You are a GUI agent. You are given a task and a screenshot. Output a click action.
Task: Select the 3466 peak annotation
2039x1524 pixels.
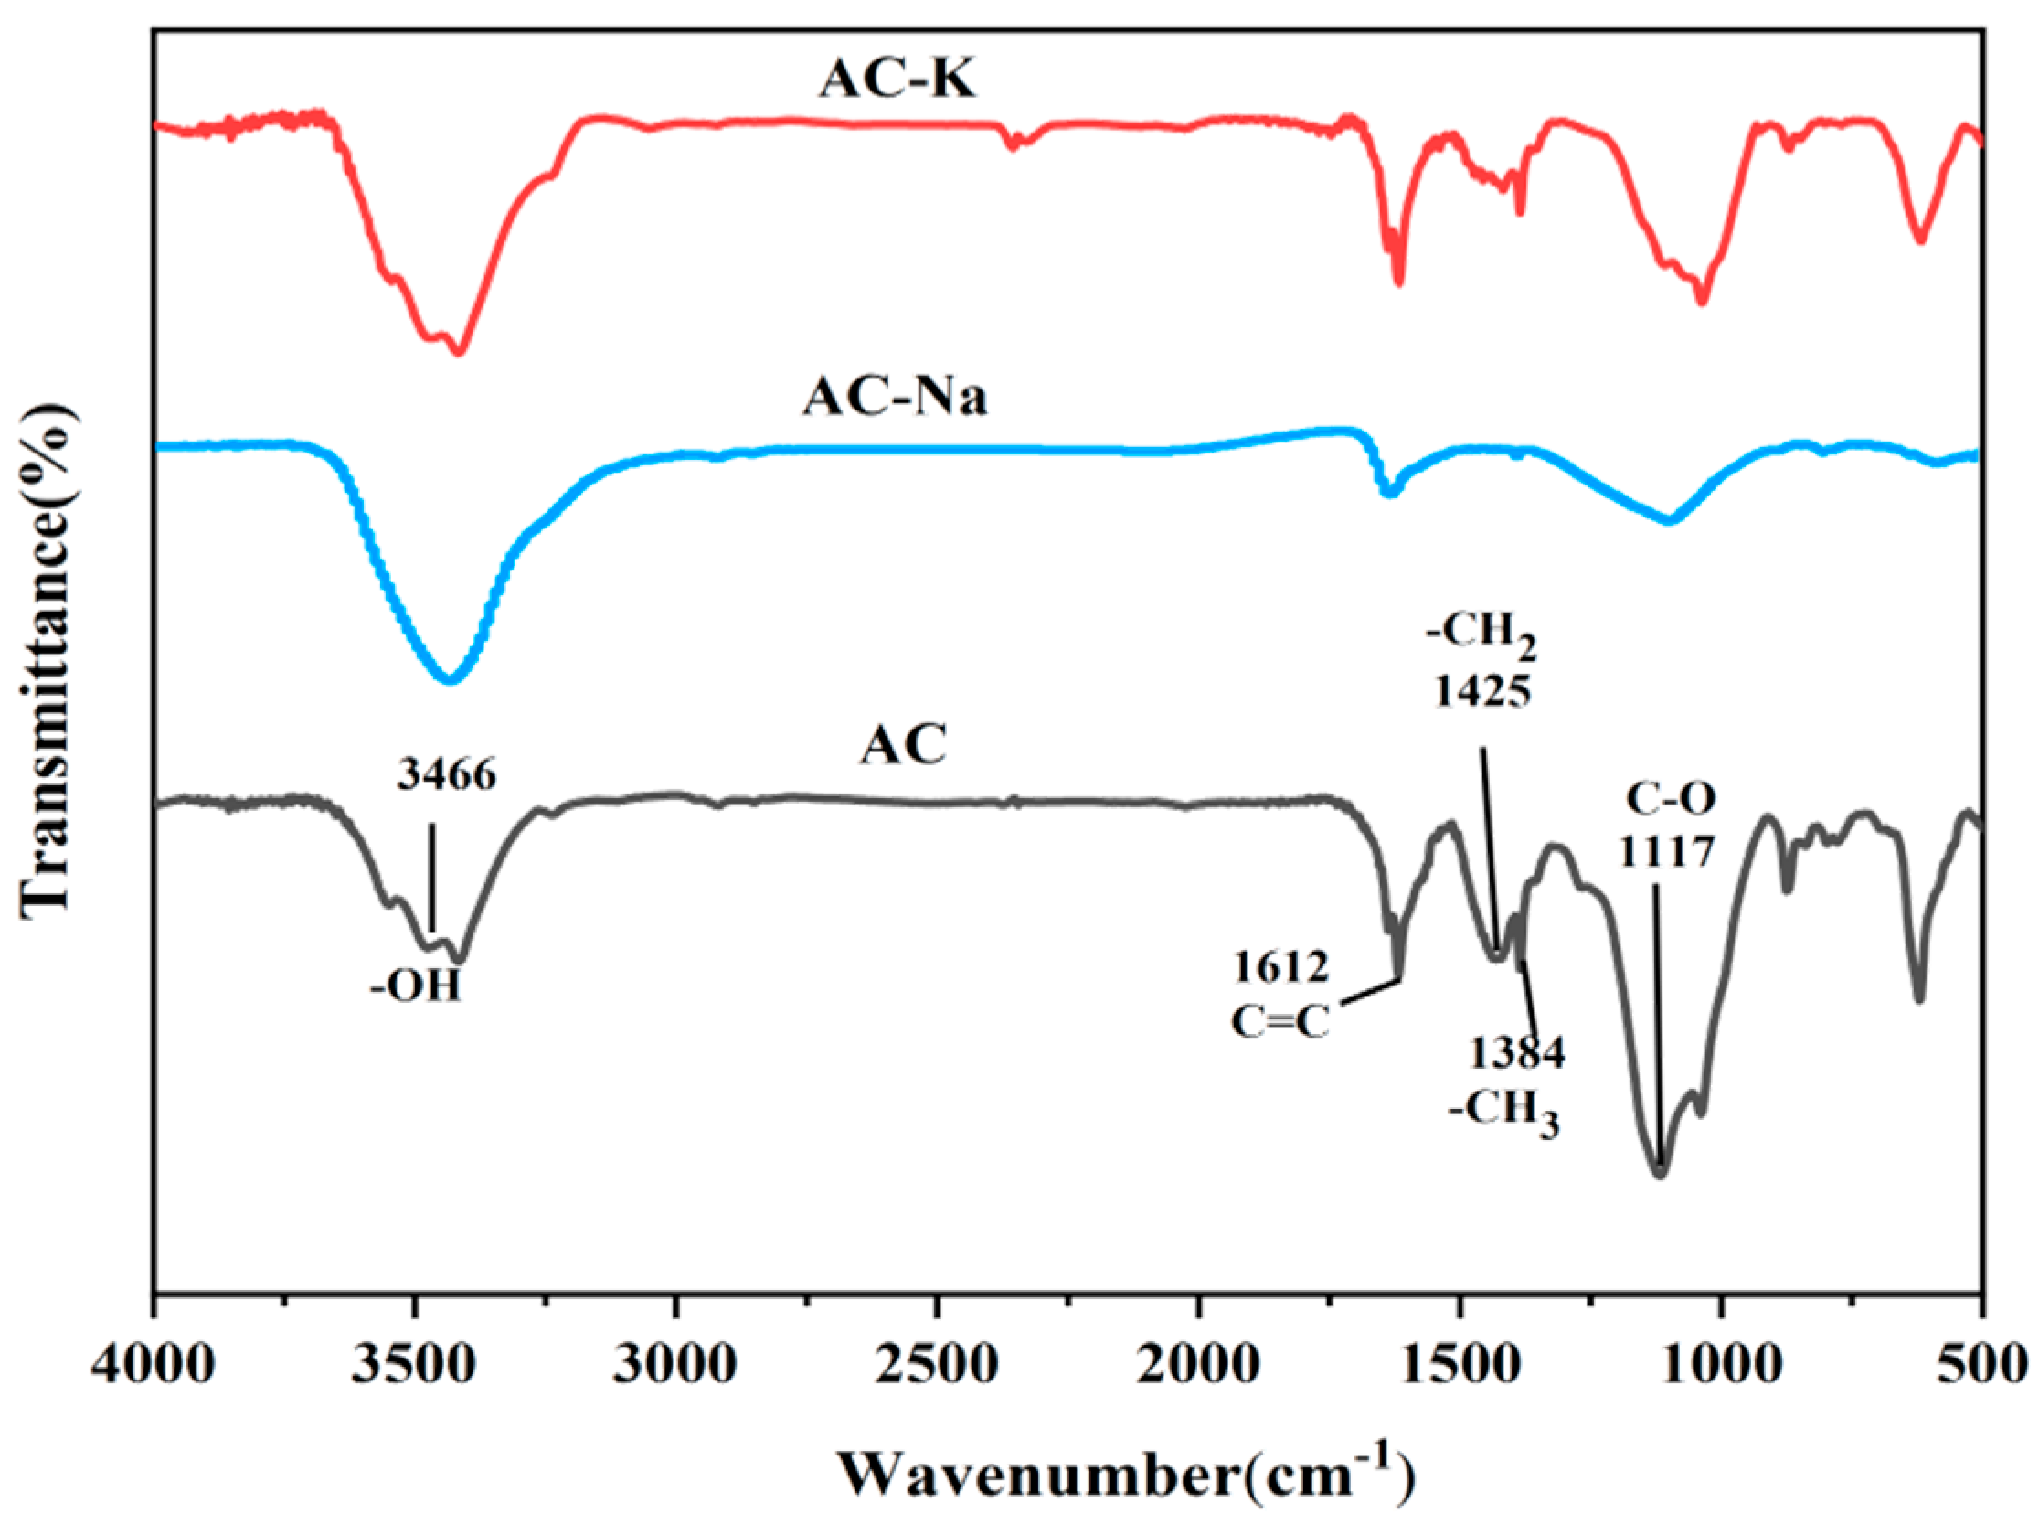tap(447, 775)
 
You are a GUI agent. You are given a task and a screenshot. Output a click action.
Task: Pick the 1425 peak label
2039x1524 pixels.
tap(1482, 690)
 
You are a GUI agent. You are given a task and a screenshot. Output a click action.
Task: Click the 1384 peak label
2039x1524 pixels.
tap(1516, 1053)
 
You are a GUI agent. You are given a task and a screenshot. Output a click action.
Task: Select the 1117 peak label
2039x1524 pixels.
tap(1667, 852)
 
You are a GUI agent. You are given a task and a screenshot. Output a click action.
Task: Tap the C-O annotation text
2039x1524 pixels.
tap(1671, 799)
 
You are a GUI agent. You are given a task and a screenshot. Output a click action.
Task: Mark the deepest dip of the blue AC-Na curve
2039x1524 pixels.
tap(450, 680)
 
